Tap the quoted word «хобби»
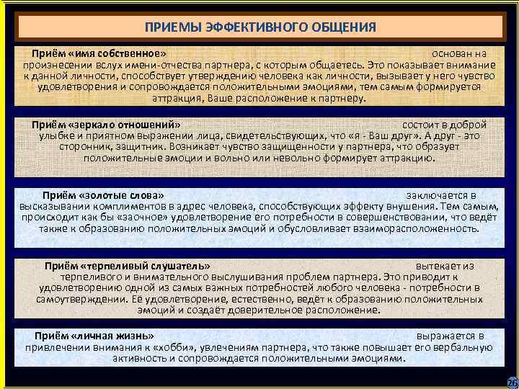(169, 346)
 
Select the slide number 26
(512, 382)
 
